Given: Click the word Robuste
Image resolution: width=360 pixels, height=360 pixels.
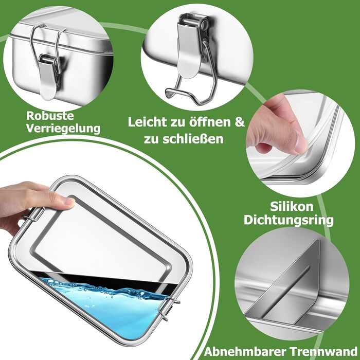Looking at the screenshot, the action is (x=50, y=116).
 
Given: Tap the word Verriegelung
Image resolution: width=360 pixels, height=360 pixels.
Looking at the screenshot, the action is (x=63, y=129).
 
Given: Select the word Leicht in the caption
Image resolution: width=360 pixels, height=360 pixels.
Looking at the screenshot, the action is (x=147, y=122).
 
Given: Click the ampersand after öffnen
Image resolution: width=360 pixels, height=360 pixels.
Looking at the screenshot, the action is (x=240, y=122).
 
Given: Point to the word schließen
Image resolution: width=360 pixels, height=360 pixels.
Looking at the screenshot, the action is (x=192, y=139).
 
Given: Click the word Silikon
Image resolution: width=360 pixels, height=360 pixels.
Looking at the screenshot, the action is (x=292, y=206).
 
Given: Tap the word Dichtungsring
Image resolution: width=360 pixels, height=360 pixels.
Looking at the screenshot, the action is (x=289, y=221).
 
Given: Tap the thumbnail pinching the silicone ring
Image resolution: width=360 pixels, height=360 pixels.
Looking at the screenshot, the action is (x=300, y=142).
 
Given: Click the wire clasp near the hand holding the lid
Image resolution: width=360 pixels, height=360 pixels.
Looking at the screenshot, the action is (x=34, y=214).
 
